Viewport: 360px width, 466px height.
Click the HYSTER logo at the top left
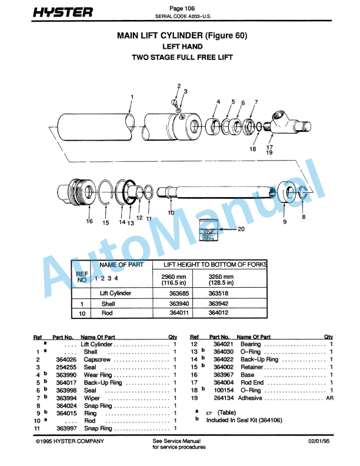tap(63, 12)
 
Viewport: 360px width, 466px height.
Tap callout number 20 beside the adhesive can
tap(241, 229)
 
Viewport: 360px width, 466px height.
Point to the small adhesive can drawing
tap(209, 227)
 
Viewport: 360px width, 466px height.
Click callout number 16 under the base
tap(89, 222)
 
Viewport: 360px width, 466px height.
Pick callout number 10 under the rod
tap(171, 212)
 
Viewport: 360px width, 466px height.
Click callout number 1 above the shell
tap(132, 96)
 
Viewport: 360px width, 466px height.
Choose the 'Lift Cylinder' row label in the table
tap(115, 292)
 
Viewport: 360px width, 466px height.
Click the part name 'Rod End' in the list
tap(252, 382)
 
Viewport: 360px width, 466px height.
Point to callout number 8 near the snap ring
tap(304, 217)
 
